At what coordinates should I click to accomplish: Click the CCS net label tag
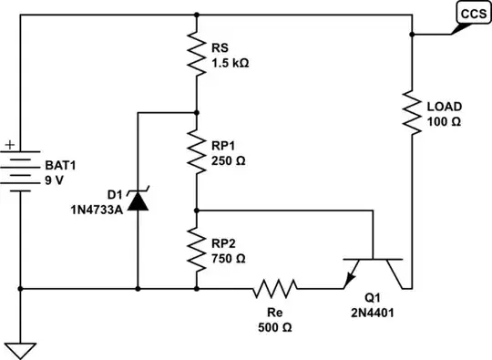tap(472, 14)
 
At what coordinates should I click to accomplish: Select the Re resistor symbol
tap(275, 290)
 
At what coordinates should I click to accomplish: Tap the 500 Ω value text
tap(275, 326)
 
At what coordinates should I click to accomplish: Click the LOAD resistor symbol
tap(413, 114)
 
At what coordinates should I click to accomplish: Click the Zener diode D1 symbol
tap(138, 200)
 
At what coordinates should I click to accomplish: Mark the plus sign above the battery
tap(10, 144)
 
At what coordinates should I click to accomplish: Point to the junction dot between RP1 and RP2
tap(197, 210)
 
